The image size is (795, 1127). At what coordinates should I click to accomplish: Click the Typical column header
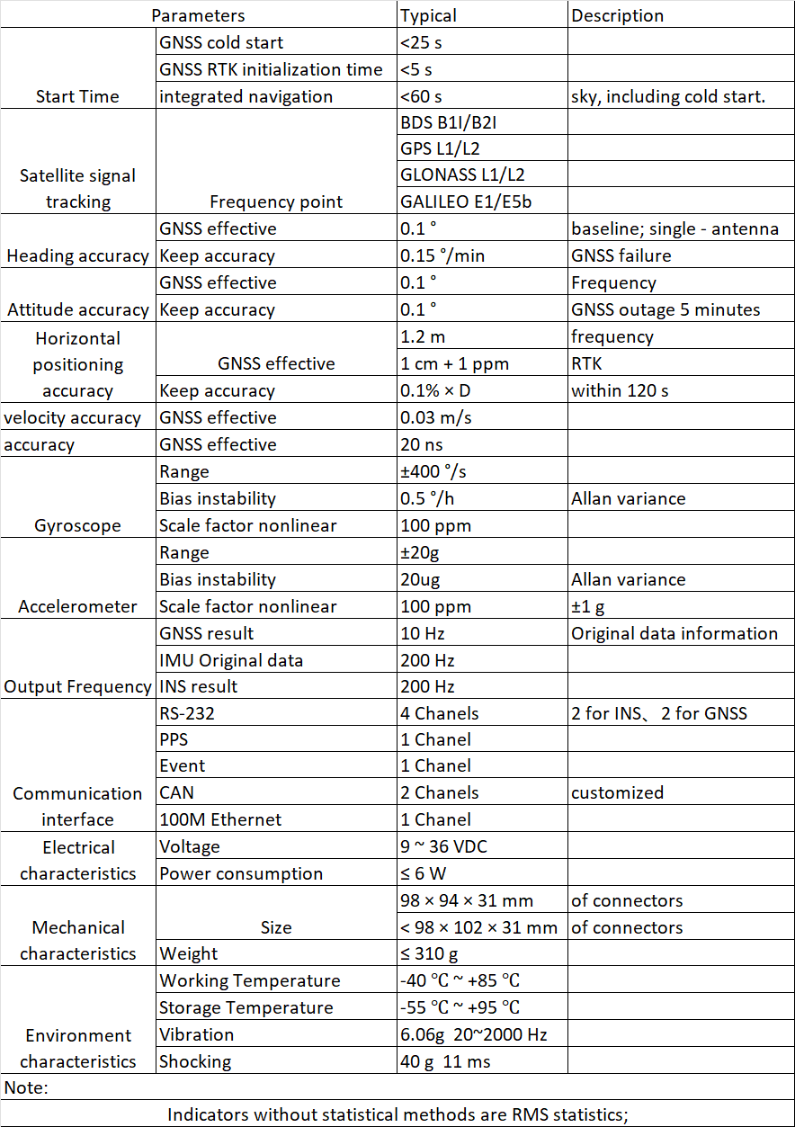coord(428,15)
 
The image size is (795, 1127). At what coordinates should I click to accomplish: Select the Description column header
coord(617,15)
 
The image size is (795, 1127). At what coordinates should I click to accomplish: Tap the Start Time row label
coord(77,96)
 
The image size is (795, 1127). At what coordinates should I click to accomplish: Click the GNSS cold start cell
coord(221,42)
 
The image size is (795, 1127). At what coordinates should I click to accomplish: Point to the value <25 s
coord(421,42)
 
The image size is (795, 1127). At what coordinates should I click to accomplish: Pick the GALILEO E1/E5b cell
coord(465,201)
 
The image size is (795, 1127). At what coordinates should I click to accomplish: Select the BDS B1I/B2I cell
coord(447,122)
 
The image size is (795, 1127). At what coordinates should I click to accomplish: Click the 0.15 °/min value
coord(442,255)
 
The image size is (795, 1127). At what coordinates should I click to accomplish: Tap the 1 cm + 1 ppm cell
coord(454,363)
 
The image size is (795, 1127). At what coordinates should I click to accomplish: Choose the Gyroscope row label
coord(77,525)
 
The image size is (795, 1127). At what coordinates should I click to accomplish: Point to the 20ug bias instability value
coord(420,579)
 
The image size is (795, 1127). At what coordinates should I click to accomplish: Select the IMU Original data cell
coord(231,660)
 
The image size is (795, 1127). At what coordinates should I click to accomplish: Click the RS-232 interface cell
coord(187,713)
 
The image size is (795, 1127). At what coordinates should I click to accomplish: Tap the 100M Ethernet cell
coord(220,819)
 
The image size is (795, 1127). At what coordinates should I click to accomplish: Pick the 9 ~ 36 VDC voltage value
coord(444,846)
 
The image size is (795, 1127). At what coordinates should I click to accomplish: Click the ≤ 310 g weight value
coord(432,953)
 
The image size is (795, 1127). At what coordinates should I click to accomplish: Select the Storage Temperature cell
coord(246,1007)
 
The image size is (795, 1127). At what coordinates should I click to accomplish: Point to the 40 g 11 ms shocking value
coord(445,1061)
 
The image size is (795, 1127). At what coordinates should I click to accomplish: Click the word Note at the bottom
coord(26,1087)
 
